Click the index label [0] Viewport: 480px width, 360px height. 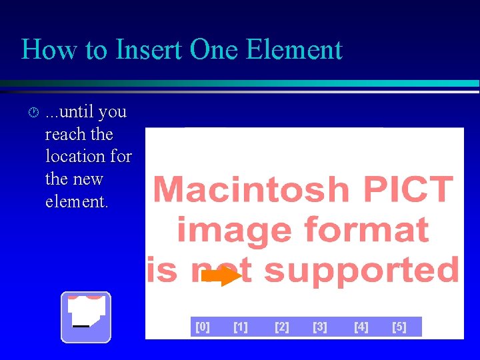[202, 327]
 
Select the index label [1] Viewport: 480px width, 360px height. [241, 327]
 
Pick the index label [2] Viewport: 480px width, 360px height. [282, 327]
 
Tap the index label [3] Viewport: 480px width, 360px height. [320, 327]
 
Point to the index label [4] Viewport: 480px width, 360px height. [361, 327]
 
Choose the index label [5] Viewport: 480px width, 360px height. [399, 327]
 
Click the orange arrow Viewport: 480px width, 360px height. [221, 276]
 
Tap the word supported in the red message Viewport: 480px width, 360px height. [361, 271]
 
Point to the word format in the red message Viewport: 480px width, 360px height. [366, 231]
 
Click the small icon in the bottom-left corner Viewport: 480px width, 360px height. [86, 317]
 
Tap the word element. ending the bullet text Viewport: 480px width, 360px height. [76, 202]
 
